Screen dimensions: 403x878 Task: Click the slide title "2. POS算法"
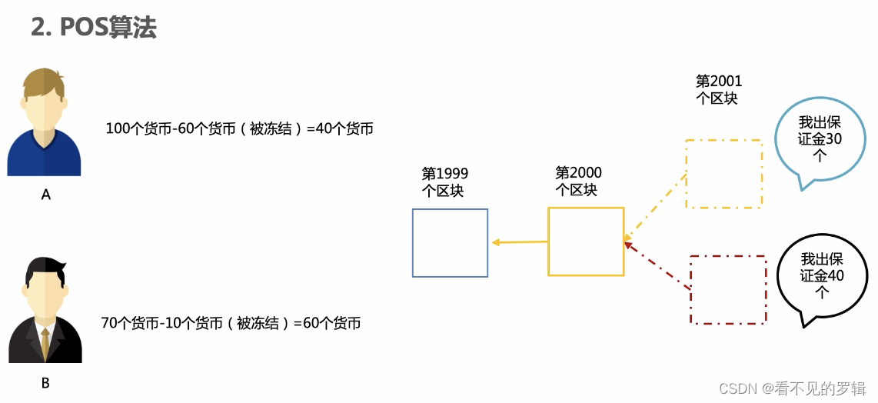(x=94, y=28)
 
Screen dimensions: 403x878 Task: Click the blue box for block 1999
(x=450, y=242)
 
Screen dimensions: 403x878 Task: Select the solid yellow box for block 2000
(x=585, y=241)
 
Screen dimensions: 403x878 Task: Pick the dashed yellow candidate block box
(x=723, y=174)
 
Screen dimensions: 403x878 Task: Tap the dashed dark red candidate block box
(x=728, y=289)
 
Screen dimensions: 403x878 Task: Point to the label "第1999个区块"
(x=444, y=182)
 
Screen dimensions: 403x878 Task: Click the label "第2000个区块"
(x=578, y=182)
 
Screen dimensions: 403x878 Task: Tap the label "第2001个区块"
(x=718, y=89)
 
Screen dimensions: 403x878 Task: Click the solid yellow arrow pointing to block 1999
(x=519, y=242)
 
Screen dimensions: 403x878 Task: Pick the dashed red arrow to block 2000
(x=657, y=267)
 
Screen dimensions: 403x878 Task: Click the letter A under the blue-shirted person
(x=45, y=195)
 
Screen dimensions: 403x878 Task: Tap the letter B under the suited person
(x=45, y=382)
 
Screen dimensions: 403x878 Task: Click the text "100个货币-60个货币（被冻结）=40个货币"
(x=239, y=129)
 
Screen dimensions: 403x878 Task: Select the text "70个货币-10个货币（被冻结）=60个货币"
(x=231, y=323)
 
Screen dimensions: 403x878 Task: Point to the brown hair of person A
(x=44, y=80)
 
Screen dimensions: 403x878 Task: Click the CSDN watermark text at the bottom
(x=792, y=388)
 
